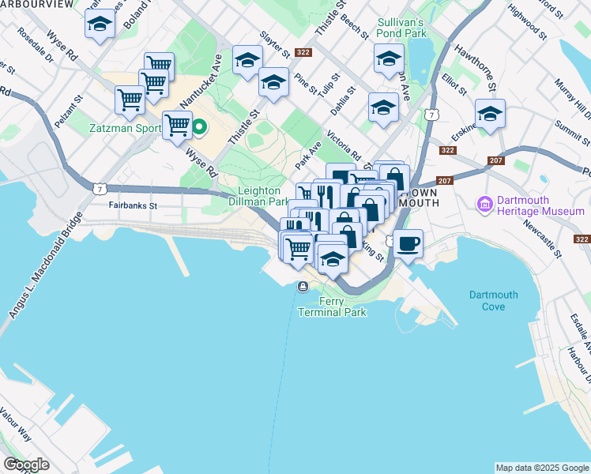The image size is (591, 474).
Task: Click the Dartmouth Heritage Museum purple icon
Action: click(x=484, y=205)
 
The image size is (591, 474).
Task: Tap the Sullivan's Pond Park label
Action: click(x=402, y=28)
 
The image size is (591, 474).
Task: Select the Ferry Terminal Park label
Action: click(x=332, y=307)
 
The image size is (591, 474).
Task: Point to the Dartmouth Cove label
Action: click(x=493, y=300)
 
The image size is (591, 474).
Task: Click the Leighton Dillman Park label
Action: click(x=264, y=196)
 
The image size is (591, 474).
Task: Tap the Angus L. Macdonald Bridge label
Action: click(x=45, y=266)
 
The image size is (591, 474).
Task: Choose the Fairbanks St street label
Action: click(x=133, y=205)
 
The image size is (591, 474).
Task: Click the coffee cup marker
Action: click(x=408, y=244)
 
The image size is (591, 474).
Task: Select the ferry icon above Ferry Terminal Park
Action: click(x=302, y=286)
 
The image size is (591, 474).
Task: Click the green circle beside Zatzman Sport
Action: click(x=201, y=126)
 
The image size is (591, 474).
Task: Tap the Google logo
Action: click(x=25, y=465)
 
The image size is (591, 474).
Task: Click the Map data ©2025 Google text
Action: click(x=542, y=468)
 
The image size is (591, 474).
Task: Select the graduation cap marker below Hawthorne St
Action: click(x=490, y=114)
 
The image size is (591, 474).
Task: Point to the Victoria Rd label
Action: click(x=343, y=145)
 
